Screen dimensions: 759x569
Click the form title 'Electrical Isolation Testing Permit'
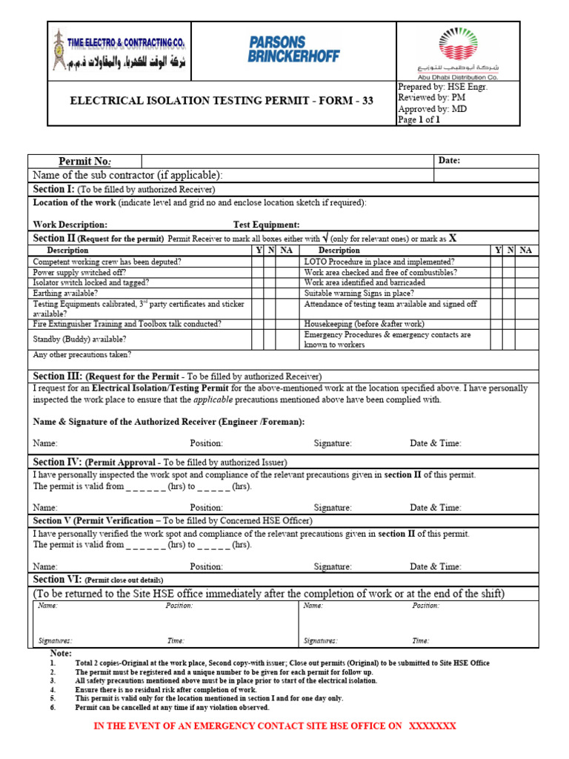221,101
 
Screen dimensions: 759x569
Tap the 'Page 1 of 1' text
419,119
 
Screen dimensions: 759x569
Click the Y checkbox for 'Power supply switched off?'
258,272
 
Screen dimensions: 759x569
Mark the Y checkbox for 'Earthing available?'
258,293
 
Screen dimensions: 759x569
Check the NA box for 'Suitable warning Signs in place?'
525,293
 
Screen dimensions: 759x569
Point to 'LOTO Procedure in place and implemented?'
379,262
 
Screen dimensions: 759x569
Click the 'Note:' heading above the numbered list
61,653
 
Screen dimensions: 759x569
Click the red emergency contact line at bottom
274,726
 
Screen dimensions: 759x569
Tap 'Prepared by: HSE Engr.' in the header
443,87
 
